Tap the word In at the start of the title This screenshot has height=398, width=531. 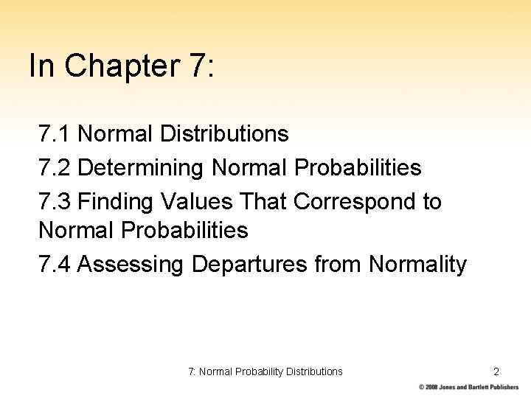point(41,66)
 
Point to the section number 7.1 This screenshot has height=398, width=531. point(54,134)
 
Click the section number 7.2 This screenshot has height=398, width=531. point(54,168)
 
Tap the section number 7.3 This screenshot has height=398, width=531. point(54,201)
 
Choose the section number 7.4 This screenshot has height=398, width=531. point(54,264)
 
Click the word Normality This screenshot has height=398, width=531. point(417,264)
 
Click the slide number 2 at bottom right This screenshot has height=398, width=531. point(496,371)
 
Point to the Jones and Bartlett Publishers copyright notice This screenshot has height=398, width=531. point(468,387)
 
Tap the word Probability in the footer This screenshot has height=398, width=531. point(259,371)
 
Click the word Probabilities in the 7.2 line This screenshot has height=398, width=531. point(358,168)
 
